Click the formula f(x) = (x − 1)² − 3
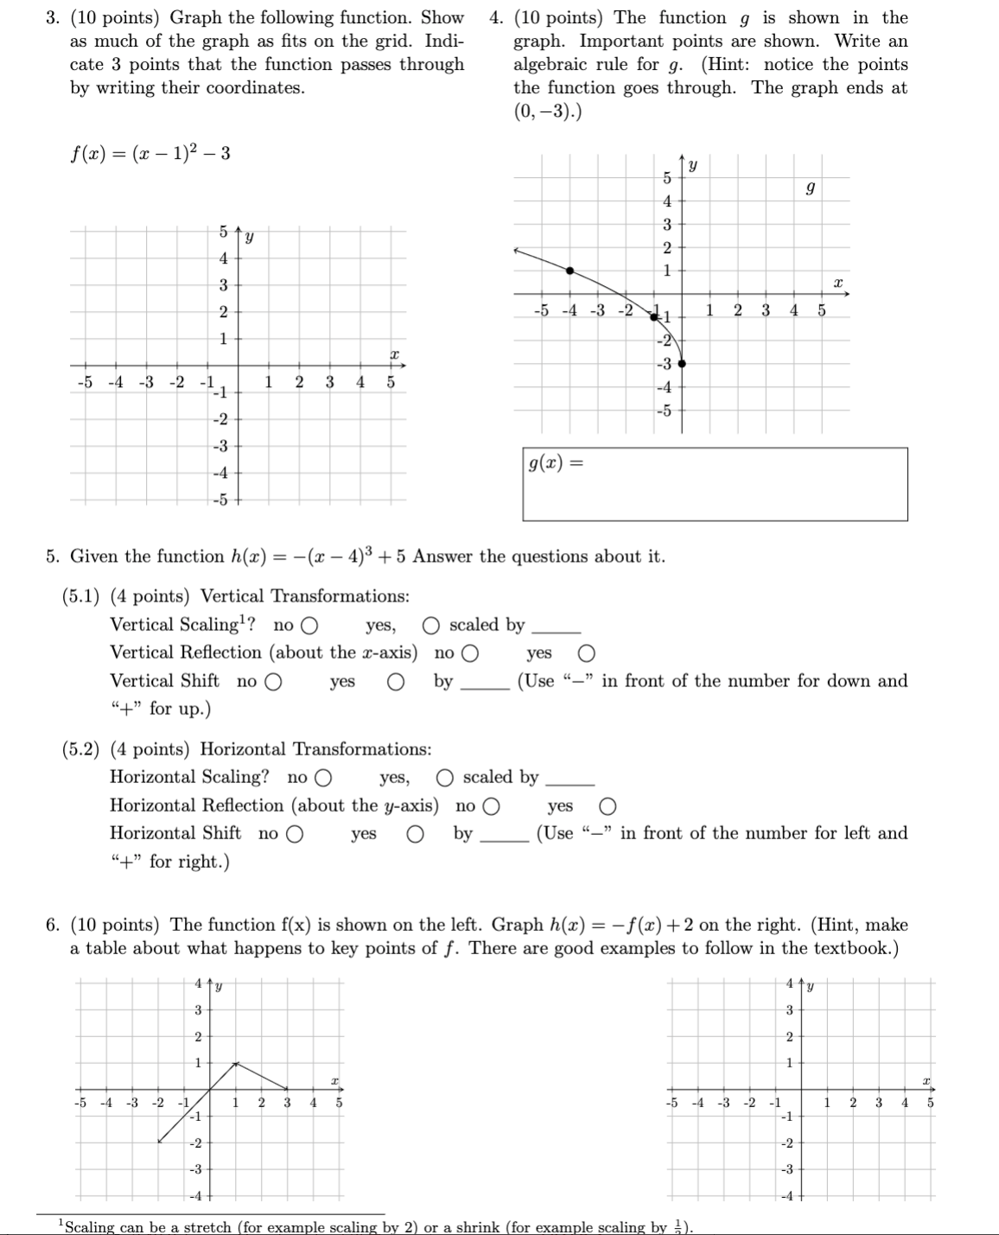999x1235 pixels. pyautogui.click(x=150, y=154)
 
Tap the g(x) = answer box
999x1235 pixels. pyautogui.click(x=715, y=484)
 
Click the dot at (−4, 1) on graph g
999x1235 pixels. pyautogui.click(x=569, y=271)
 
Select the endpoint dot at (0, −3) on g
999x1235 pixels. pyautogui.click(x=682, y=364)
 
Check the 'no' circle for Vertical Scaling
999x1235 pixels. pyautogui.click(x=309, y=626)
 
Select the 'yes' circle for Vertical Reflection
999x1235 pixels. pyautogui.click(x=586, y=653)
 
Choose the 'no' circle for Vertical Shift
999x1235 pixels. pyautogui.click(x=273, y=682)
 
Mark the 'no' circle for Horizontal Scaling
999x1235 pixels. pyautogui.click(x=323, y=778)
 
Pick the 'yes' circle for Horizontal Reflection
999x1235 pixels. pyautogui.click(x=608, y=806)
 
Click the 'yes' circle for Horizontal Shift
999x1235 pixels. pyautogui.click(x=416, y=834)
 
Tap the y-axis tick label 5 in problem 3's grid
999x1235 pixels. pyautogui.click(x=223, y=232)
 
